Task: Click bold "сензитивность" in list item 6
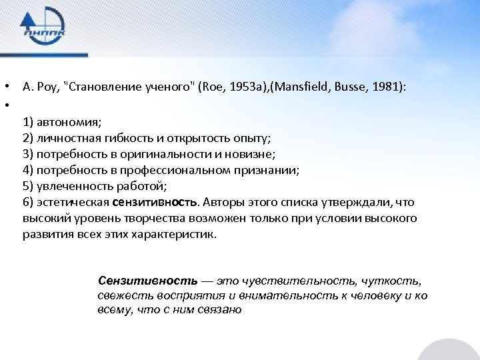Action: coord(155,202)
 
